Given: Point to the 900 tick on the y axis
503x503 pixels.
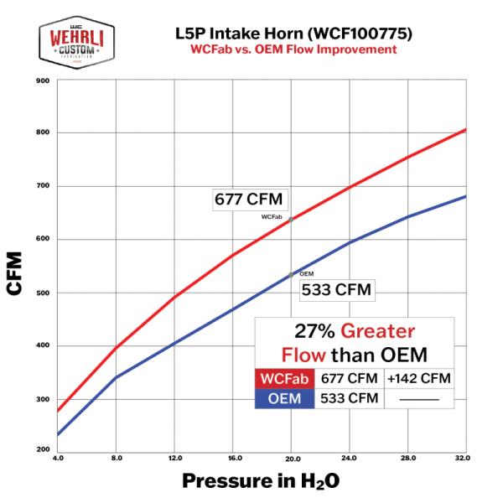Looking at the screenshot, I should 43,81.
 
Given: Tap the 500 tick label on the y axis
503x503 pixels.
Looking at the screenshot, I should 43,293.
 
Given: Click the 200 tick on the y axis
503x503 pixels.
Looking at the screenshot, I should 43,451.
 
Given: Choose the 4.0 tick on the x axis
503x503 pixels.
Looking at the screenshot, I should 57,459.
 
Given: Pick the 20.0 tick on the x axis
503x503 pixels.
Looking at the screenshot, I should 291,459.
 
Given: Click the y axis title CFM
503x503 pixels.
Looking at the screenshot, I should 15,272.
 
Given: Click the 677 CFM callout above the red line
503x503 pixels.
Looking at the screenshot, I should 250,200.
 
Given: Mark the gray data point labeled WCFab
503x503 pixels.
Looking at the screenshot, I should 291,220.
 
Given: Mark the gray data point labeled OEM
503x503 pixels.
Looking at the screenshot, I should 291,274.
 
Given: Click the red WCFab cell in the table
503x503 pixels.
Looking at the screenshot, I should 285,378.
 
